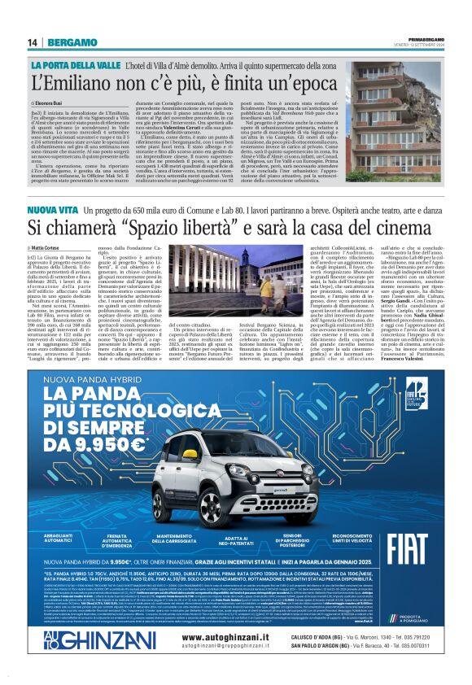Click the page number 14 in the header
click(33, 42)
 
